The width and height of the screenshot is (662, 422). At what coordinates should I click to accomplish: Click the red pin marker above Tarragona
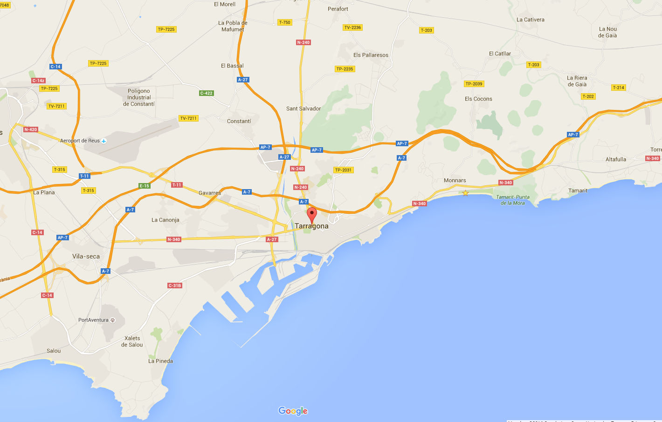point(312,216)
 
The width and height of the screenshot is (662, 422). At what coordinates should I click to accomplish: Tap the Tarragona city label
point(311,226)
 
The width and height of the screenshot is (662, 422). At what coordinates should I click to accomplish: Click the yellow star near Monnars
point(465,193)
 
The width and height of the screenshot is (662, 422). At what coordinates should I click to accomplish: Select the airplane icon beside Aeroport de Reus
point(104,141)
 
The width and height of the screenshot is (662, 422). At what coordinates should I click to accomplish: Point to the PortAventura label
point(93,320)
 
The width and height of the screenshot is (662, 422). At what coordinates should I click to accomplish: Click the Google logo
point(293,411)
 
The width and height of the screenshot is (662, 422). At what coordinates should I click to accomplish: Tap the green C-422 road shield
point(206,93)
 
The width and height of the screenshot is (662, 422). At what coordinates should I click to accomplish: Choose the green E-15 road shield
point(145,186)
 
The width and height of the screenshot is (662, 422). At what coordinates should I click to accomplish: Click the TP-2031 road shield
point(343,170)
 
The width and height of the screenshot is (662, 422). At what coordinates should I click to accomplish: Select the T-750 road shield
point(284,22)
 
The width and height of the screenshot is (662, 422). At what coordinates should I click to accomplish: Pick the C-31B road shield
point(174,286)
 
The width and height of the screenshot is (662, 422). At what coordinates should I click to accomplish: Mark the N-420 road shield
point(30,129)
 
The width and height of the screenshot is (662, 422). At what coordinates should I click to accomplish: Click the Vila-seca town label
point(86,256)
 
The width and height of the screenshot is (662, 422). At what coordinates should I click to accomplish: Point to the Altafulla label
point(616,159)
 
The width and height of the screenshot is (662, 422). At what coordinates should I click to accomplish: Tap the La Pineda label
point(160,361)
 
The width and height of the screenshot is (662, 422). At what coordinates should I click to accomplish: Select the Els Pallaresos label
point(371,55)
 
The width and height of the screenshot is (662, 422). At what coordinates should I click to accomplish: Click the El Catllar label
point(500,54)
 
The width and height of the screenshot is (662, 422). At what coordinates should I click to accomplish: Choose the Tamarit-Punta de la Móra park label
point(513,200)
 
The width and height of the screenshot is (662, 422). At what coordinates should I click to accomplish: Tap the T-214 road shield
point(619,88)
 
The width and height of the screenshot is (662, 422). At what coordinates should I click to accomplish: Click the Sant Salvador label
point(303,109)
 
